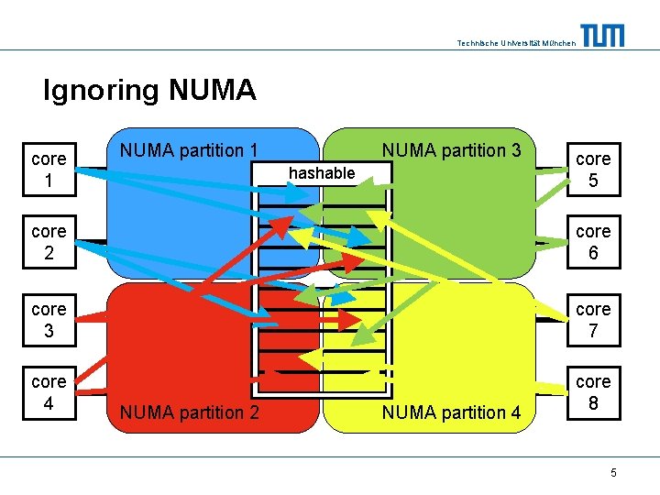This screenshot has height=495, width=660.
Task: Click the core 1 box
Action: click(48, 170)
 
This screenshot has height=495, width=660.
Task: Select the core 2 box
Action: click(48, 242)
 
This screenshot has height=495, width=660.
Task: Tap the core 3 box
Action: click(48, 320)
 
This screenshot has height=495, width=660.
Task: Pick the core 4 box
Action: click(48, 391)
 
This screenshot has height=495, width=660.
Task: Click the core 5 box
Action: click(593, 170)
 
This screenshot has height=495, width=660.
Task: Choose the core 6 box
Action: click(593, 242)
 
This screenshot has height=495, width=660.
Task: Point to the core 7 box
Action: click(593, 320)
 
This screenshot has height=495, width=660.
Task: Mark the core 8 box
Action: click(593, 391)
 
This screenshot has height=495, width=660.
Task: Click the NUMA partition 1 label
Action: click(189, 149)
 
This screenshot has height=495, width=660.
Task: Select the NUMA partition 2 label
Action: click(189, 412)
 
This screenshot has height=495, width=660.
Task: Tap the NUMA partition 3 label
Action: click(451, 149)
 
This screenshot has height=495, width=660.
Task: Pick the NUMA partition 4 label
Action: click(451, 412)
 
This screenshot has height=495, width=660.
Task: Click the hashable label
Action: click(322, 172)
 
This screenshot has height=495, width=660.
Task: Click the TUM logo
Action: click(602, 35)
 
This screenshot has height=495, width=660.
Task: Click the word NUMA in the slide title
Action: click(212, 90)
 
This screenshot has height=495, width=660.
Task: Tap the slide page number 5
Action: click(613, 472)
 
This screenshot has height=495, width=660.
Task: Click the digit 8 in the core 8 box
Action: click(593, 401)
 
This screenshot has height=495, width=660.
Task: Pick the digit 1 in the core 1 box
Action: click(48, 181)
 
